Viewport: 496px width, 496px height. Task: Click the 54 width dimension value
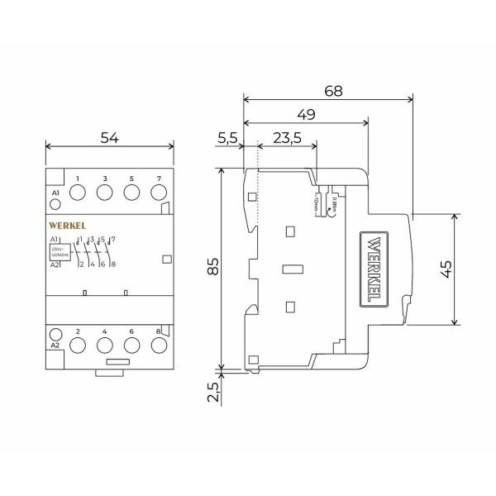point(109,138)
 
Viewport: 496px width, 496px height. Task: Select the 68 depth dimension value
point(333,90)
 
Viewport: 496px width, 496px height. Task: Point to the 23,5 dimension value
point(286,139)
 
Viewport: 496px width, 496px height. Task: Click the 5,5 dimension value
point(228,139)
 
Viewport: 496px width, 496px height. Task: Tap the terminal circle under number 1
point(78,193)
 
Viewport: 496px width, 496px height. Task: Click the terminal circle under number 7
point(158,193)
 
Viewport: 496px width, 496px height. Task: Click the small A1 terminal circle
point(55,203)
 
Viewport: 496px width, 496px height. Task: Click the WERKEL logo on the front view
point(67,225)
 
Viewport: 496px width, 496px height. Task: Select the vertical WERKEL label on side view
point(373,269)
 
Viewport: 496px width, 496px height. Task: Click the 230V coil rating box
point(60,250)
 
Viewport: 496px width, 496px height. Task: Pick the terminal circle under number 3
point(105,193)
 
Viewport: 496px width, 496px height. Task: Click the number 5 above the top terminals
point(131,179)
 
